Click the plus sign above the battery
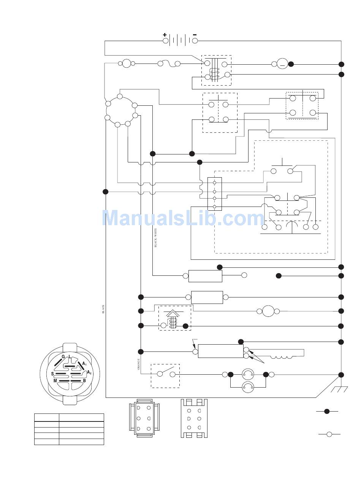165,35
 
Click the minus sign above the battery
195,35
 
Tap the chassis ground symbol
339,389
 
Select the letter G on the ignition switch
63,357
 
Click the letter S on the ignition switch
52,374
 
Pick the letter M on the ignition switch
55,381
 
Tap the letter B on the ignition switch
84,381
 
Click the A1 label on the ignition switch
84,364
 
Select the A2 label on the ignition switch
89,373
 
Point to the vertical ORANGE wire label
139,364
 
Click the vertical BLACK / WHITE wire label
155,238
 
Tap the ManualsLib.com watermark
183,218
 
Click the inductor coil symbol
281,357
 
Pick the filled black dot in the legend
327,411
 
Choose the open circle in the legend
329,434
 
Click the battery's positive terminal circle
165,41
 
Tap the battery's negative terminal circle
195,41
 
